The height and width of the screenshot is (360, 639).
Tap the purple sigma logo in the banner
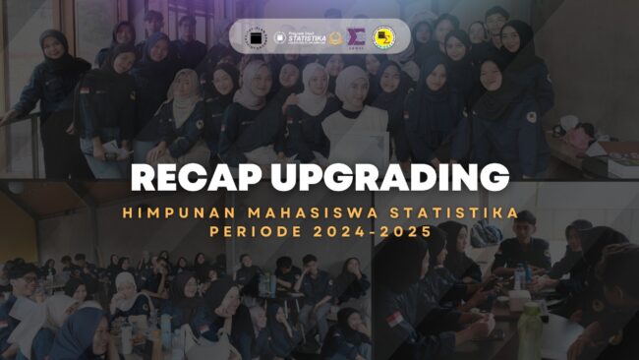point(358,37)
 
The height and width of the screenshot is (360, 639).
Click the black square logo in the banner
point(258,37)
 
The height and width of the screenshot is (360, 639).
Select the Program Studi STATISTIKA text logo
point(301,37)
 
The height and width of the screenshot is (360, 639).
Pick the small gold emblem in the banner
point(335,37)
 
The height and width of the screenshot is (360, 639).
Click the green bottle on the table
point(530,331)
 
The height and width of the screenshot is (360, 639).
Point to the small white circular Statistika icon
point(283,37)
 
